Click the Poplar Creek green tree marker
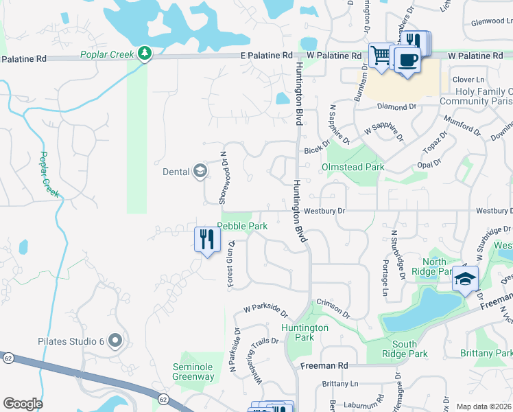(144, 53)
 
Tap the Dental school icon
(200, 171)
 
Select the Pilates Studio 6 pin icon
(115, 340)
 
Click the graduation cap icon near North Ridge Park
(464, 279)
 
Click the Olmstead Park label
(353, 167)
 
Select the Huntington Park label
(305, 332)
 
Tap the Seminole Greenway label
(193, 371)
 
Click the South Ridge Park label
(409, 349)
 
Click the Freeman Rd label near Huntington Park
(324, 366)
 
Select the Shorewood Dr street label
(223, 178)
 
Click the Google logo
(23, 404)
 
